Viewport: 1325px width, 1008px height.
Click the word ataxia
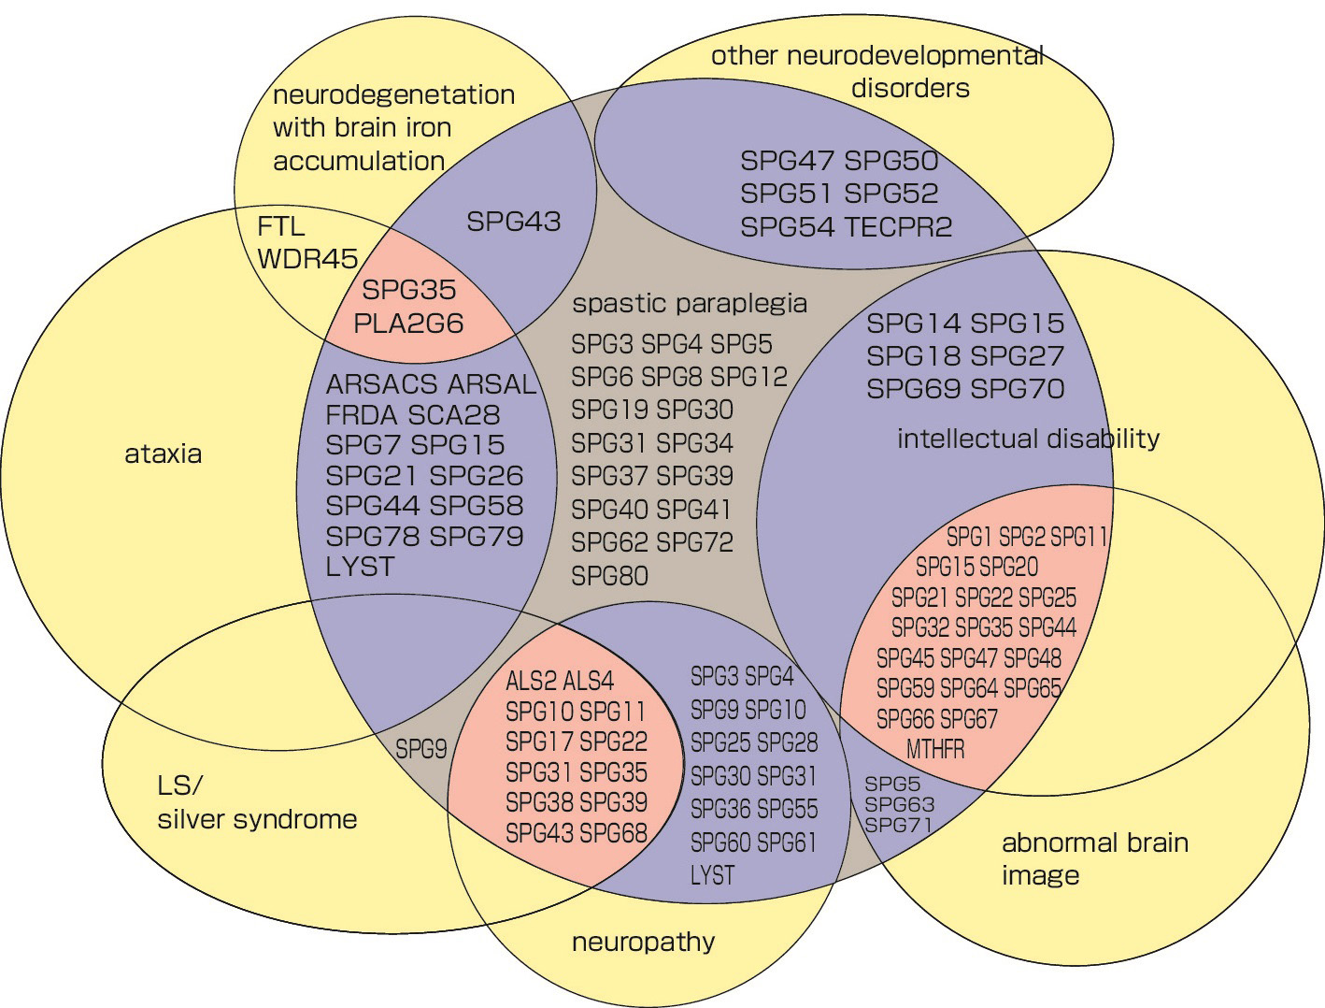click(163, 454)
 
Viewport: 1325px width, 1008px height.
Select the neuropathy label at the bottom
click(643, 941)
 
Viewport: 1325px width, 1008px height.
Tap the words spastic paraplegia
click(690, 303)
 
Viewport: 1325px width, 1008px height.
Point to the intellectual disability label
click(1028, 439)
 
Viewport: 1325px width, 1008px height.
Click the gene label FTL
click(280, 226)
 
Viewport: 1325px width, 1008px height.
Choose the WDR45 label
click(307, 259)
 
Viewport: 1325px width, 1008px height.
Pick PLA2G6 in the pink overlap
click(408, 324)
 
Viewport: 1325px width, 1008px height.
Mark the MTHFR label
click(935, 749)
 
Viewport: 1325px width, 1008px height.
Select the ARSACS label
click(382, 384)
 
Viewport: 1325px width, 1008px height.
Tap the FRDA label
click(363, 414)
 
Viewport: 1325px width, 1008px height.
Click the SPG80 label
click(609, 575)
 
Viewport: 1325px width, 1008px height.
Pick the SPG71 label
click(899, 825)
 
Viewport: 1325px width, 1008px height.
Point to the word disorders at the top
click(910, 88)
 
